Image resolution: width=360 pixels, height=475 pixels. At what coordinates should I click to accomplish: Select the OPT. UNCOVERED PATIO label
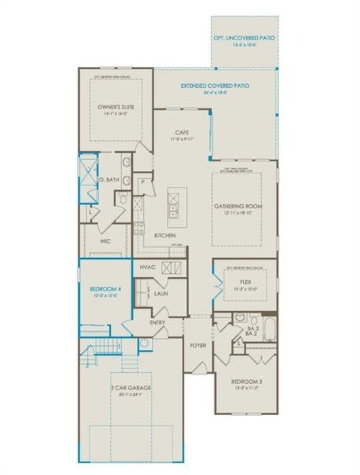(x=244, y=40)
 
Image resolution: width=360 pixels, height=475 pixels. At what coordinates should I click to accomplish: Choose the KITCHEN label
(x=165, y=235)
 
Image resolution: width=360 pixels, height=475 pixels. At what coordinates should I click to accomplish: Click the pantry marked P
(x=143, y=180)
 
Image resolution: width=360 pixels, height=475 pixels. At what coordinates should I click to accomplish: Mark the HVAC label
(x=147, y=268)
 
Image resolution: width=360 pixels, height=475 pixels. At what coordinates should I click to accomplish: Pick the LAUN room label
(x=161, y=294)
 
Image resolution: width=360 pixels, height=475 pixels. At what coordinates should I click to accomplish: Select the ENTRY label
(x=158, y=322)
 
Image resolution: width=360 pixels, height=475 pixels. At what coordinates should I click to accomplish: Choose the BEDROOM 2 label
(x=247, y=387)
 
